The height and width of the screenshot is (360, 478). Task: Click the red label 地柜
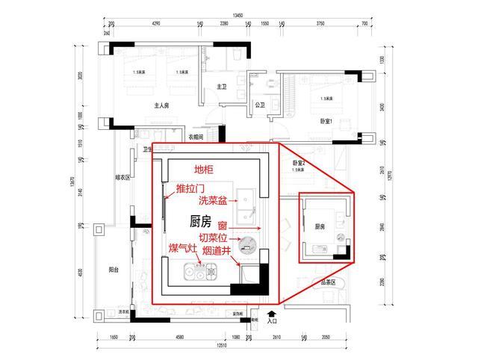pos(204,170)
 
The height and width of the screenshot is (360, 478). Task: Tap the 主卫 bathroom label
pos(221,87)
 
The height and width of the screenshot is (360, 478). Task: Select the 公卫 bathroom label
pos(260,106)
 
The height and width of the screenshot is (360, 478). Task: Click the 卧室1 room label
pos(326,120)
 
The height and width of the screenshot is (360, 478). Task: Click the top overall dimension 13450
pos(238,14)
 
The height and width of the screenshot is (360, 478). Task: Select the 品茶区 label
pos(327,282)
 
